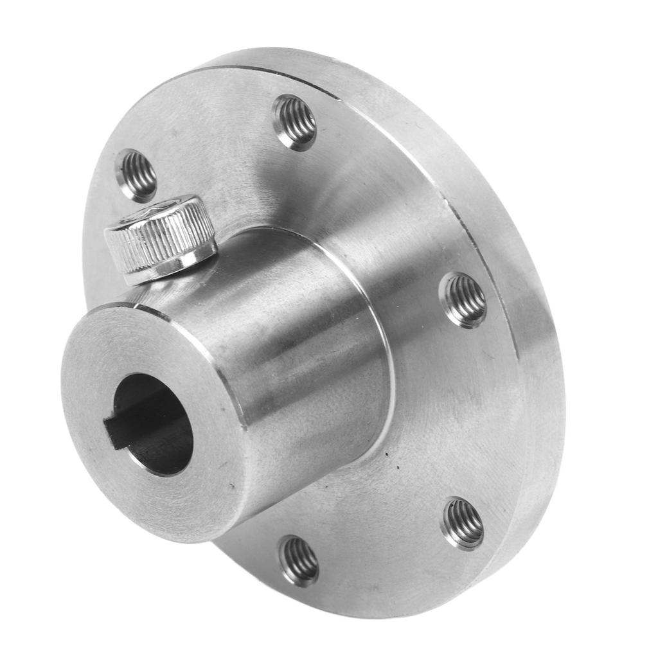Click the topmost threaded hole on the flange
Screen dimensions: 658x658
[x=295, y=122]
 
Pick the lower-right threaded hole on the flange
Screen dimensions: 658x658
[x=462, y=524]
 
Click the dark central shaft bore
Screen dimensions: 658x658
[x=157, y=424]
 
